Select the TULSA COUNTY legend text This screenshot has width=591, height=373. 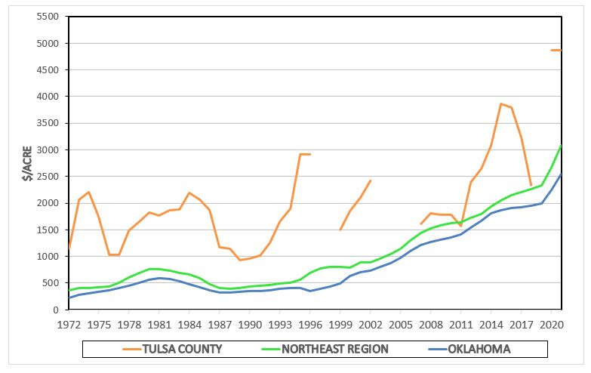click(183, 350)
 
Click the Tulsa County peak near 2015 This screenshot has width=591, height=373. click(501, 103)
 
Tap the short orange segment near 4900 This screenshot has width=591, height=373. click(556, 50)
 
